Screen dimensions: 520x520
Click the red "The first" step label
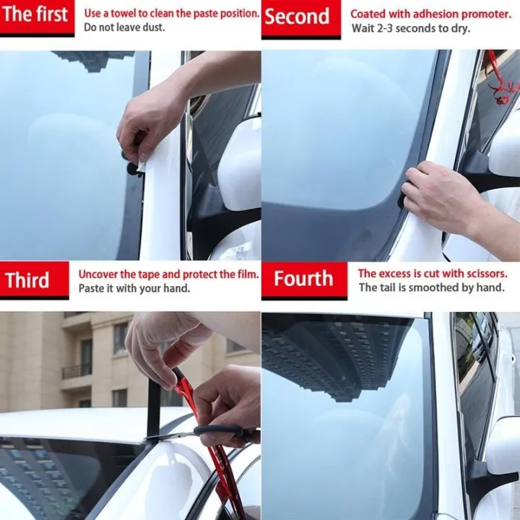[37, 15]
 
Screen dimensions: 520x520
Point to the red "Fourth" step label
[303, 279]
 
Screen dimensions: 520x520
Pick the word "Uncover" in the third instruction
[99, 274]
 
